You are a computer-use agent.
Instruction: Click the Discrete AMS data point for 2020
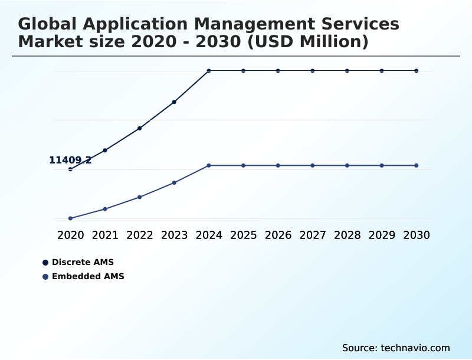(x=70, y=169)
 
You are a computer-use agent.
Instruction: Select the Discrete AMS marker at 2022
(x=140, y=128)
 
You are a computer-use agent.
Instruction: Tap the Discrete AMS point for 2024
(x=209, y=71)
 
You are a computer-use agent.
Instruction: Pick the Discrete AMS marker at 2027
(x=313, y=71)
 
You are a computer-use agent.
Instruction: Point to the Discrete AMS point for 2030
(x=417, y=71)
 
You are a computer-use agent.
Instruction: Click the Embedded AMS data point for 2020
(x=70, y=218)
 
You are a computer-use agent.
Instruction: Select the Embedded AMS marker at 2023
(x=175, y=182)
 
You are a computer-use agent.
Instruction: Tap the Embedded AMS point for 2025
(x=243, y=165)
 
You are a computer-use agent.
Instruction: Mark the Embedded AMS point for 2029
(x=382, y=165)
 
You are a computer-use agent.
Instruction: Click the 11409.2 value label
(x=70, y=160)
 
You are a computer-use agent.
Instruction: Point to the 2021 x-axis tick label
(x=105, y=235)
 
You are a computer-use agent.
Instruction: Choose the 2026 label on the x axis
(x=278, y=235)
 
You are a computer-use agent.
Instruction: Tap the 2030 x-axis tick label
(x=417, y=235)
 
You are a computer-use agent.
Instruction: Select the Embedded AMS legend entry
(x=83, y=276)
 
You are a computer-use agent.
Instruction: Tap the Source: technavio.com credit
(x=396, y=348)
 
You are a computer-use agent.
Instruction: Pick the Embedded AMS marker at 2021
(x=105, y=209)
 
